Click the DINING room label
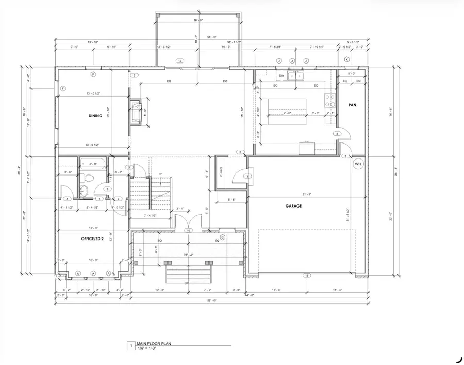coord(95,116)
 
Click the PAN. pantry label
coord(353,105)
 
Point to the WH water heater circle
coord(358,164)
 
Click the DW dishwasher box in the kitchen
coord(281,76)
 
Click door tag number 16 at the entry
coord(189,230)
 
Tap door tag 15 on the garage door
coord(306,275)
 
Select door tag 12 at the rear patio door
coord(180,61)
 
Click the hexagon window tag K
coord(346,60)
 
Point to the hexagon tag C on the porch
coord(222,237)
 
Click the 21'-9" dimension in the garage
coord(308,194)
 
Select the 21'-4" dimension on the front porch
coord(188,255)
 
